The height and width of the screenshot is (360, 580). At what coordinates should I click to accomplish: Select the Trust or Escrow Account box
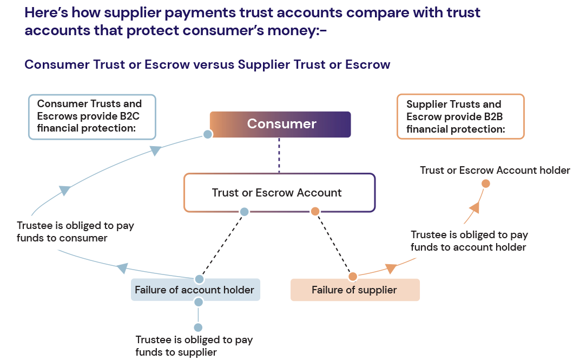279,193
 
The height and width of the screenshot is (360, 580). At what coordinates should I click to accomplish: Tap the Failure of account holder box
194,290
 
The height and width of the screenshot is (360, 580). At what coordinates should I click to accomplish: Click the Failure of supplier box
355,290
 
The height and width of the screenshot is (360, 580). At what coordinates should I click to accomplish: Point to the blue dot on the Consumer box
207,134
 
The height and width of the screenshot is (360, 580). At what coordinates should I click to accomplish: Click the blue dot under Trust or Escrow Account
245,212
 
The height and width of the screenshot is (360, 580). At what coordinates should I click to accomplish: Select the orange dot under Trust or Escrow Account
315,212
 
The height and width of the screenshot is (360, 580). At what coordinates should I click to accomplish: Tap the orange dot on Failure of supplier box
353,277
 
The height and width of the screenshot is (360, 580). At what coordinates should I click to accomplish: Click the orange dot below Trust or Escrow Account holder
486,184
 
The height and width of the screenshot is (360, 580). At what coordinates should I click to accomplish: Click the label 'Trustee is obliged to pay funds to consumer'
75,232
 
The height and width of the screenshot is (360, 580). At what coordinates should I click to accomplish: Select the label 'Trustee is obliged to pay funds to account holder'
469,241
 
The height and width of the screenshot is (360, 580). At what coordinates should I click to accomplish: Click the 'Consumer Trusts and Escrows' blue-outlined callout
91,116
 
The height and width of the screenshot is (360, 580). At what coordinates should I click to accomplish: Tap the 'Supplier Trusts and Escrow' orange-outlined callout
460,117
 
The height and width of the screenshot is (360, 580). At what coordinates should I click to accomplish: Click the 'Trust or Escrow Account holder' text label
495,171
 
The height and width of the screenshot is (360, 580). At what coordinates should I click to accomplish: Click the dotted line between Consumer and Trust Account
279,155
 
